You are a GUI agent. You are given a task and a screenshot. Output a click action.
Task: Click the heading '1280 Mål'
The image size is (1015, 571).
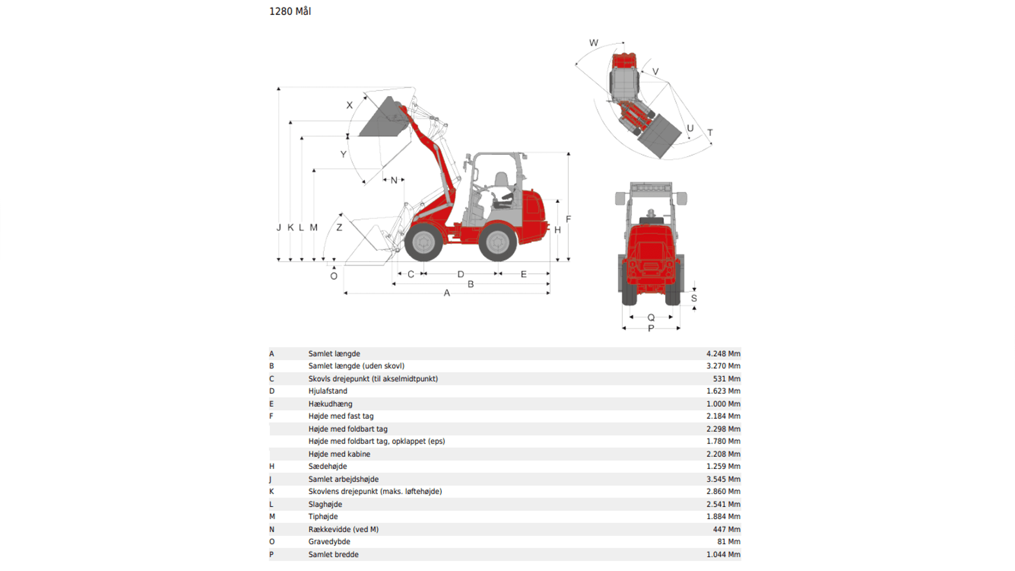click(290, 11)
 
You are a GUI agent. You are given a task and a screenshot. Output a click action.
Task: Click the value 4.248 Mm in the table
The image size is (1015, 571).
click(723, 354)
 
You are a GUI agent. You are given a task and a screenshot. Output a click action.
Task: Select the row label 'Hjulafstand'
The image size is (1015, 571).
click(328, 391)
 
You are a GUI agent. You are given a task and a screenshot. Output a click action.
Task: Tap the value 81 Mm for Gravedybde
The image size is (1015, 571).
click(728, 542)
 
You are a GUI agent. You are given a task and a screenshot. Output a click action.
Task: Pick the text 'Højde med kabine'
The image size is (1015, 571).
click(339, 454)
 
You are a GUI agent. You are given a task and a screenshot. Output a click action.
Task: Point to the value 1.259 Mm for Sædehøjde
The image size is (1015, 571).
click(723, 466)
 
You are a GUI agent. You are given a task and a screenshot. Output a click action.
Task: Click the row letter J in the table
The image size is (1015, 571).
click(271, 480)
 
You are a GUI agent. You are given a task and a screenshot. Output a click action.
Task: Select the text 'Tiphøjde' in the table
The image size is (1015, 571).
click(323, 517)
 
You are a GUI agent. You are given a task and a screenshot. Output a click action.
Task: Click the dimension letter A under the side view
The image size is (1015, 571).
click(447, 293)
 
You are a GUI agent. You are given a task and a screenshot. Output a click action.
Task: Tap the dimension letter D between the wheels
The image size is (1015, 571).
click(460, 274)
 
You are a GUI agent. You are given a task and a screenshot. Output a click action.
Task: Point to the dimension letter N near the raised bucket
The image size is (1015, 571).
click(394, 180)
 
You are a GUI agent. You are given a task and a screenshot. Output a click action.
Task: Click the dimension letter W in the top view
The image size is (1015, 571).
click(594, 43)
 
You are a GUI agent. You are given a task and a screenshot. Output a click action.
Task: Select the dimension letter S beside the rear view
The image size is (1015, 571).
click(694, 298)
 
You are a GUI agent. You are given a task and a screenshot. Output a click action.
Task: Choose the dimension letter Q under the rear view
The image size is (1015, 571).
click(651, 318)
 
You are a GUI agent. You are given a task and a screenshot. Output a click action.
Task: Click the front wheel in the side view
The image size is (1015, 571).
click(423, 242)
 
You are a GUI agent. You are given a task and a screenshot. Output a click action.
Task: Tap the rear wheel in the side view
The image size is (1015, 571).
click(497, 242)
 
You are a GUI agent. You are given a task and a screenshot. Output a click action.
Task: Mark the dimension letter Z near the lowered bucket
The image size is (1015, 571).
click(339, 227)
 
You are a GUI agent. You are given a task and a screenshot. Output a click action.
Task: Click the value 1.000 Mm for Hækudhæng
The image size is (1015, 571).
click(723, 404)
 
